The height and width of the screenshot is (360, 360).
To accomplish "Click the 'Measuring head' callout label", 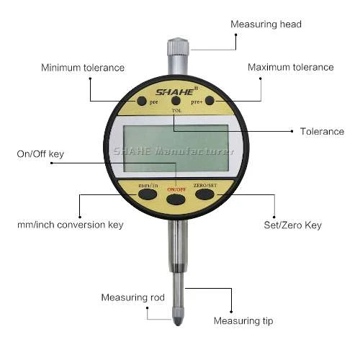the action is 266,24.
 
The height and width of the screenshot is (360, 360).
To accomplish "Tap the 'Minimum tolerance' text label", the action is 83,68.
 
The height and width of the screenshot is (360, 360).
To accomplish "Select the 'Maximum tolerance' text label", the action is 291,67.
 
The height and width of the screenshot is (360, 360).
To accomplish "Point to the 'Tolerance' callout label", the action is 322,132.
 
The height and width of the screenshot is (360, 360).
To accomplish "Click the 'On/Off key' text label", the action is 40,154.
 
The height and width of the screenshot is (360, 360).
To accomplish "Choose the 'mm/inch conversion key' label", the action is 71,225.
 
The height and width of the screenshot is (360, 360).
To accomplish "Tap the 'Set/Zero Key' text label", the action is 292,225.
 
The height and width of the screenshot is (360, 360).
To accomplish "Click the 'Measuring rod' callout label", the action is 132,297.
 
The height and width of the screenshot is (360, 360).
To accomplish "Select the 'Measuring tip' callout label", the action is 243,321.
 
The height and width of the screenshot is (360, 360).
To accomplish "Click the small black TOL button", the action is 176,101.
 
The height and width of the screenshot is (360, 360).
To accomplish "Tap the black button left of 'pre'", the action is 142,101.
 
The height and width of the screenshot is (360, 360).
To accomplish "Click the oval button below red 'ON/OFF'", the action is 176,199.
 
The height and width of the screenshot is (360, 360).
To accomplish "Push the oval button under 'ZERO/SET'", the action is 204,194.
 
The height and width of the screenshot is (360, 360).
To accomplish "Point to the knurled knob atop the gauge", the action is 178,46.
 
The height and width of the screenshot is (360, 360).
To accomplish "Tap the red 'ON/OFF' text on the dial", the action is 176,189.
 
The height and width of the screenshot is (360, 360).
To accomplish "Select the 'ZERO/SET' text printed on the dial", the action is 205,186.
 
